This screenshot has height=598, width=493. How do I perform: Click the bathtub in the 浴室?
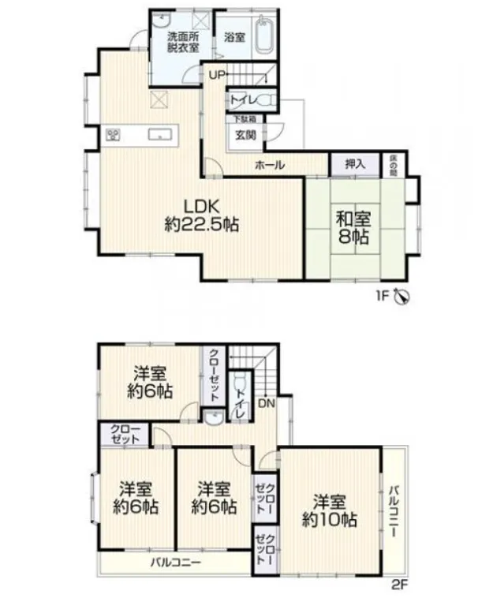click(264, 34)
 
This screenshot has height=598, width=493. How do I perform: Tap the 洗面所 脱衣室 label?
click(184, 43)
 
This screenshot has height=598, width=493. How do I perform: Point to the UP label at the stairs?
click(217, 75)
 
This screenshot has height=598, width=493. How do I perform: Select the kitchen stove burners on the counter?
click(113, 135)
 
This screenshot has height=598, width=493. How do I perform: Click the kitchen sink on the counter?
click(160, 135)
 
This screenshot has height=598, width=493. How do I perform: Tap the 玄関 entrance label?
click(245, 136)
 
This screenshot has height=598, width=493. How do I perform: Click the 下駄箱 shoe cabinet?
click(245, 119)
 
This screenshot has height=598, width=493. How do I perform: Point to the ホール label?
click(270, 165)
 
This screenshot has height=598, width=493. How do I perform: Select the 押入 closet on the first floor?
click(356, 164)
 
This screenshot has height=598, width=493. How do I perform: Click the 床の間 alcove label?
click(392, 164)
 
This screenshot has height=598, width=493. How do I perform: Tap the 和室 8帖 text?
click(353, 228)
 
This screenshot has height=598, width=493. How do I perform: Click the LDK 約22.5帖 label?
click(202, 216)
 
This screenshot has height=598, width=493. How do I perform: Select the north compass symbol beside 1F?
click(402, 296)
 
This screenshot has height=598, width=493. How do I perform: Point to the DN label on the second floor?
click(267, 403)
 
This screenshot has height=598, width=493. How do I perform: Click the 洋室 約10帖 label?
click(330, 511)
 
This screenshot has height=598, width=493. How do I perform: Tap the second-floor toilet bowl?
click(239, 380)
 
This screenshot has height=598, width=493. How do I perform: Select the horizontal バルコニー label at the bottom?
click(176, 562)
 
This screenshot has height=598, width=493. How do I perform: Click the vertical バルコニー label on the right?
click(394, 511)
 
